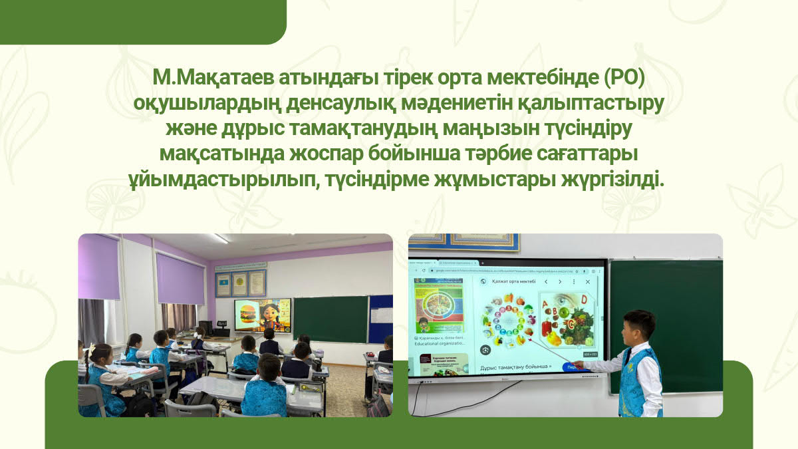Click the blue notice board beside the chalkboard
tap(381, 319)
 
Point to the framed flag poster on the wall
tap(223, 285)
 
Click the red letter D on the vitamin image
tap(583, 299)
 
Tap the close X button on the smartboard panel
tap(587, 282)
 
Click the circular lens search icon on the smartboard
tap(486, 349)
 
